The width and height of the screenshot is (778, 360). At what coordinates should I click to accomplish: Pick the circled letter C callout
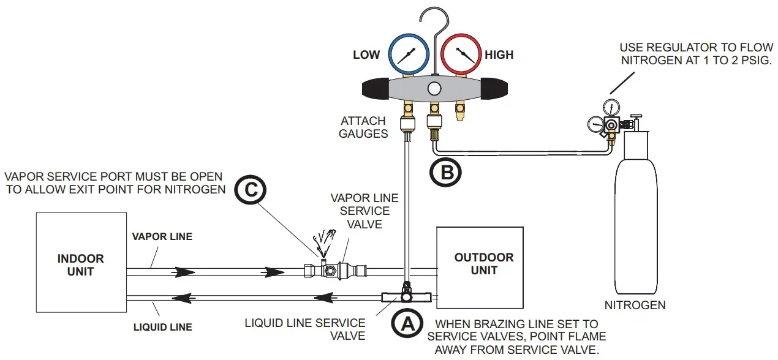tap(249, 190)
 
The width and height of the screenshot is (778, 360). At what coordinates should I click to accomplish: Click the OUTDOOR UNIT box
tap(480, 267)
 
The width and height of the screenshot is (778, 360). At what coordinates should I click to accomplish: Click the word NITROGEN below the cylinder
tap(635, 304)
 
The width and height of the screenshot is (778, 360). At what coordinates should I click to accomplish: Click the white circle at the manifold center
tap(434, 88)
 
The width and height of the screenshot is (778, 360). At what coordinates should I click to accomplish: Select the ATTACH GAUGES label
tap(364, 127)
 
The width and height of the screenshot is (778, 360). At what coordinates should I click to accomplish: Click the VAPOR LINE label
tap(162, 236)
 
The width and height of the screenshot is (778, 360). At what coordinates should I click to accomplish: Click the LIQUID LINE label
tap(162, 327)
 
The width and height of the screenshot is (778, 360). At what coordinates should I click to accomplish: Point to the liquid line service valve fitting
tap(406, 297)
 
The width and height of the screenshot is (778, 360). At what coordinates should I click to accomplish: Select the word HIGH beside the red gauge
tap(499, 55)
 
